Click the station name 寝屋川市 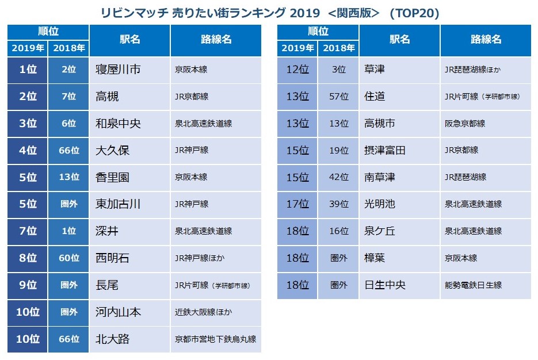pos(118,70)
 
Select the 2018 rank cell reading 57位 pos(339,97)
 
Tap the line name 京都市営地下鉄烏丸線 pos(215,339)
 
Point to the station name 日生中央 pos(385,285)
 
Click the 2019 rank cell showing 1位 pos(28,70)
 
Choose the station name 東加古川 pos(118,204)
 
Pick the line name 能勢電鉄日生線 pos(473,285)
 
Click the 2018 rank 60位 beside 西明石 pos(68,258)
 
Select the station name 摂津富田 pos(385,150)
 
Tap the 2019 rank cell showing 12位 pos(297,70)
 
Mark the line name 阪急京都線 pos(465,124)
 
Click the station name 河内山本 pos(118,312)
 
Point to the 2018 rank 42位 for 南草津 pos(339,177)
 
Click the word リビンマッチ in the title pos(134,13)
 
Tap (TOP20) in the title pos(414,13)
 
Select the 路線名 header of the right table pos(486,40)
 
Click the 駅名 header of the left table pos(129,40)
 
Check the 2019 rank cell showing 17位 pos(297,204)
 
